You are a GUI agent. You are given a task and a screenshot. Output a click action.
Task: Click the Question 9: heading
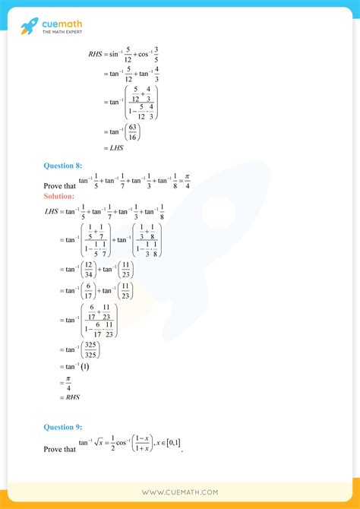coord(64,428)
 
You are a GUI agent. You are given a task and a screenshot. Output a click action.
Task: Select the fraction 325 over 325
coord(90,349)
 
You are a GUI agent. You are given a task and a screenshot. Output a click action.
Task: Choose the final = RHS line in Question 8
coord(69,397)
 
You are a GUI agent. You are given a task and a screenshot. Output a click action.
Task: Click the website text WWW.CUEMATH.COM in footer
coord(180,492)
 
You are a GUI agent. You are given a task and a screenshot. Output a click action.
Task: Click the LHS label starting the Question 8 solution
coord(53,212)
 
